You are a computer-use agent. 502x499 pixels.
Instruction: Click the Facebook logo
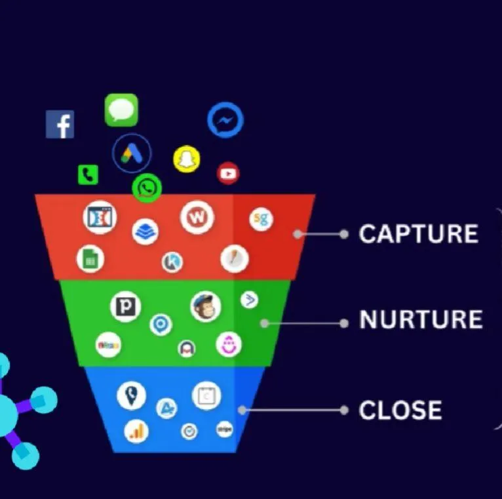(60, 125)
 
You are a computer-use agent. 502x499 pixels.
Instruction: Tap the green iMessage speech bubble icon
(121, 110)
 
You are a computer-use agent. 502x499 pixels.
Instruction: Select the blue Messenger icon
(225, 120)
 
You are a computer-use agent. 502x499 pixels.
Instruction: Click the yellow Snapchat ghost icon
(187, 159)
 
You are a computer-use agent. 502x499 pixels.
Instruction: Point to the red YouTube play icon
(228, 173)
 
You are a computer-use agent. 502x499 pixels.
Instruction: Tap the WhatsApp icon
(147, 188)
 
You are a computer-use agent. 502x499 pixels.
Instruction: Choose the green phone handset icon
(88, 174)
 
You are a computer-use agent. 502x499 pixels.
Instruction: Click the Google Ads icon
(132, 153)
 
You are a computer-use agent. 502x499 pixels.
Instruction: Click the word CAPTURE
(418, 234)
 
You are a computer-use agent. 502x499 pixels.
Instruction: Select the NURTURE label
(421, 320)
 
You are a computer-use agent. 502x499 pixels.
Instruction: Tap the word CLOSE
(400, 410)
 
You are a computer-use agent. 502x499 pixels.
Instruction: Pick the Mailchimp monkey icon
(206, 306)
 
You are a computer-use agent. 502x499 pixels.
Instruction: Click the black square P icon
(125, 307)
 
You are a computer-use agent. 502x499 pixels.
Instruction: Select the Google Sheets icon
(90, 259)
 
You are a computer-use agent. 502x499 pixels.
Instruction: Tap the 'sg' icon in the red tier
(261, 219)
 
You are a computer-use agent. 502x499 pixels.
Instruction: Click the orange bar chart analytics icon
(136, 431)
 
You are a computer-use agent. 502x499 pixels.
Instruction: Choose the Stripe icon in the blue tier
(224, 429)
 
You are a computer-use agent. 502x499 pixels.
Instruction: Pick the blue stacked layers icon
(145, 231)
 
